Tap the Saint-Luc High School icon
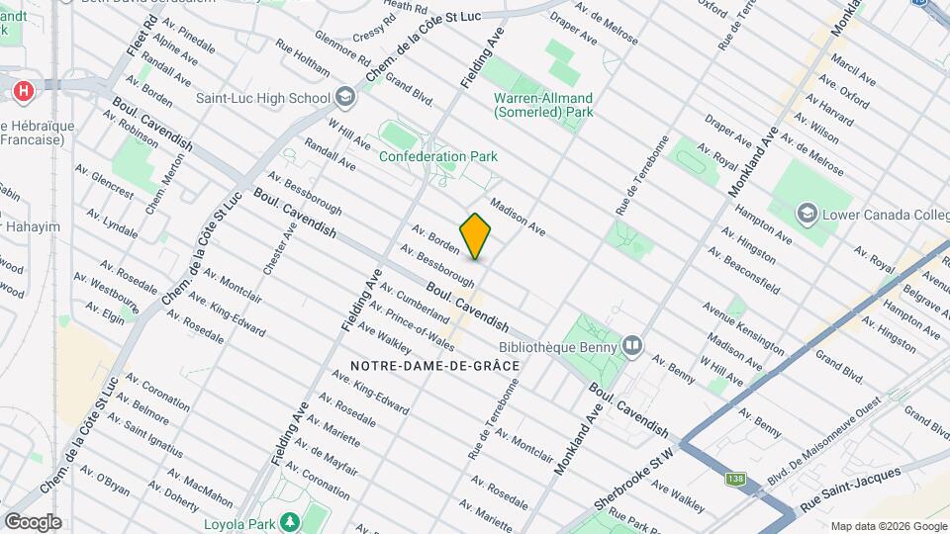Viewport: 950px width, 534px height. tap(344, 97)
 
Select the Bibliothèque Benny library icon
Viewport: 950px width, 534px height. tap(632, 345)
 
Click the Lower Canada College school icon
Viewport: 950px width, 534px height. tap(807, 214)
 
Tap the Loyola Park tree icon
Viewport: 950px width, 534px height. tap(291, 522)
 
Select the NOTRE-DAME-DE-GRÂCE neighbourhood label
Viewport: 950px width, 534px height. tap(434, 366)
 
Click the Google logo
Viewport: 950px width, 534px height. tap(33, 521)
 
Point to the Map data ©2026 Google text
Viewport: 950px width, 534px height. tap(889, 525)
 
